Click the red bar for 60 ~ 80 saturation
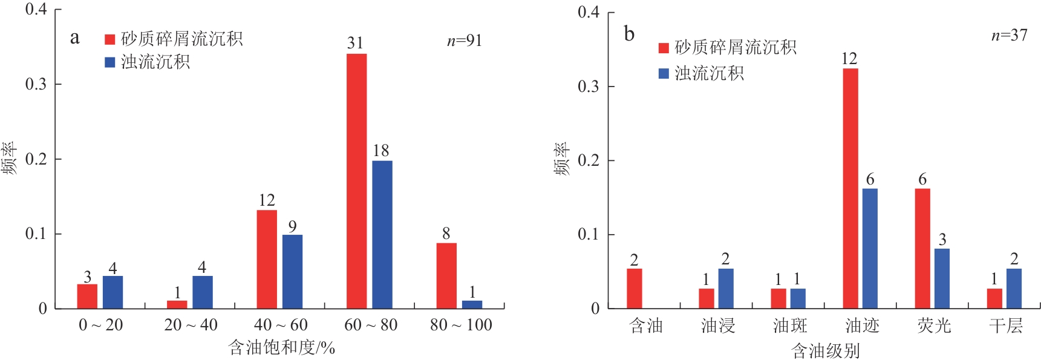[x=356, y=181]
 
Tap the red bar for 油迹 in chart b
[x=850, y=188]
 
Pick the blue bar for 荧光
[x=941, y=278]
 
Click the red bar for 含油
[x=634, y=289]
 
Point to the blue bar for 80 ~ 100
[x=472, y=304]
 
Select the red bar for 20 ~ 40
[x=177, y=304]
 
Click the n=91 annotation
[x=464, y=41]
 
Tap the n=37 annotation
[x=1009, y=35]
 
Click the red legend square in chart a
[x=110, y=39]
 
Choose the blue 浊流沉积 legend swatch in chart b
[x=664, y=73]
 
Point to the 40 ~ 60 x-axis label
[x=281, y=325]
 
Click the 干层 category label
[x=1005, y=326]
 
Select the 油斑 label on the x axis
[x=789, y=326]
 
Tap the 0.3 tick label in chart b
[x=587, y=86]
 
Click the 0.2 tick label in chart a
[x=36, y=159]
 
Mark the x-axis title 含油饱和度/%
[x=281, y=348]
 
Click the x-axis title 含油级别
[x=825, y=350]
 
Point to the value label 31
[x=355, y=43]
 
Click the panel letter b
[x=629, y=34]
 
